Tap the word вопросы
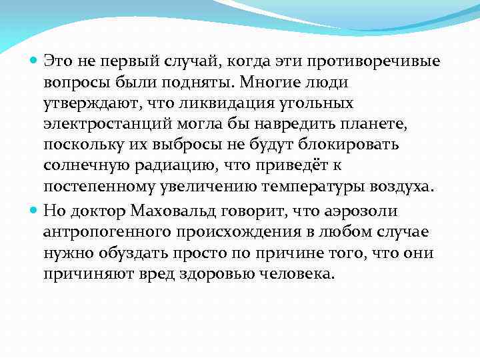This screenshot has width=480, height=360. coord(73,83)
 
